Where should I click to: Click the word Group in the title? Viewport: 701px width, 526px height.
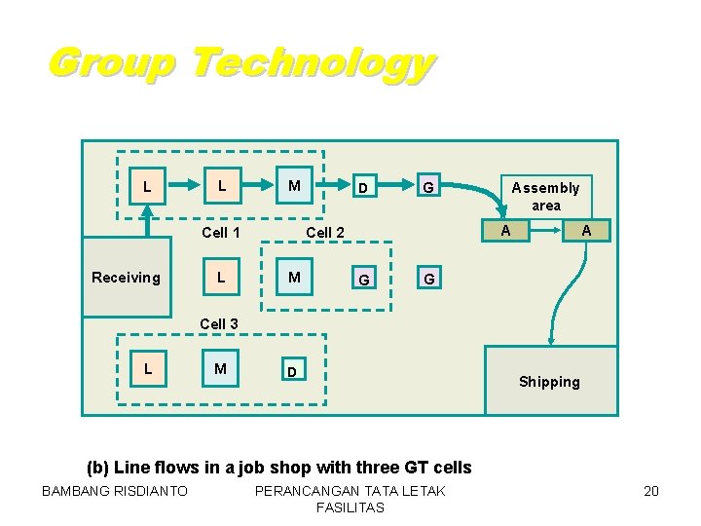click(x=111, y=63)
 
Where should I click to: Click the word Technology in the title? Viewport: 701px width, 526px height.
click(x=312, y=63)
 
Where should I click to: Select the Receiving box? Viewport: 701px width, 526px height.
click(x=126, y=278)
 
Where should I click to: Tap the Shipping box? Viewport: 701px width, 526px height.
click(x=549, y=381)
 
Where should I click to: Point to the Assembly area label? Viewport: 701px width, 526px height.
click(x=545, y=196)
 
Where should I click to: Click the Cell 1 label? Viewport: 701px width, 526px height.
click(x=220, y=232)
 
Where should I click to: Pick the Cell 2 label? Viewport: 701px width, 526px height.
click(x=325, y=232)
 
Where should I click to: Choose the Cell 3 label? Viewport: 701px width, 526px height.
click(x=219, y=323)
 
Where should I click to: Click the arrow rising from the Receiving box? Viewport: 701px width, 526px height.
click(x=146, y=222)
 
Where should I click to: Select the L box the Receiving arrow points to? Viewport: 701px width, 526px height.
click(x=146, y=185)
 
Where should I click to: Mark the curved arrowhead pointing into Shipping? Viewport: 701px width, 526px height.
click(x=552, y=340)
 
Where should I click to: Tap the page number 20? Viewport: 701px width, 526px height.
click(x=651, y=491)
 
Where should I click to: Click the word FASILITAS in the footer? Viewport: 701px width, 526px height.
click(x=350, y=507)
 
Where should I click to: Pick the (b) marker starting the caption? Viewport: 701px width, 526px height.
click(x=99, y=468)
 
